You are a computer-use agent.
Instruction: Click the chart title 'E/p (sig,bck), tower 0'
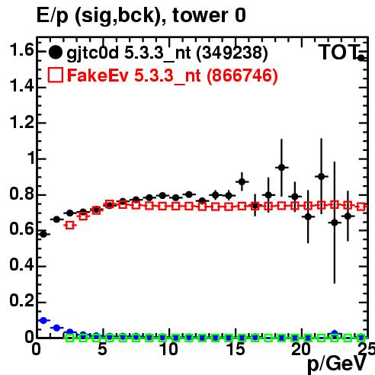click(x=141, y=16)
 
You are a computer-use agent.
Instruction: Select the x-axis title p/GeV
click(x=337, y=364)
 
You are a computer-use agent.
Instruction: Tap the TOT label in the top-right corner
click(x=339, y=53)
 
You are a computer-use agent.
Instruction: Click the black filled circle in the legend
click(x=55, y=53)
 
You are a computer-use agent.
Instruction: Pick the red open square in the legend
click(x=55, y=75)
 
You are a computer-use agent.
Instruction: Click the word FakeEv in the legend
click(x=98, y=75)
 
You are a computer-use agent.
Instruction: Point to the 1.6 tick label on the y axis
click(x=21, y=50)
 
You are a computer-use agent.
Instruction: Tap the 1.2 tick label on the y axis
click(x=21, y=122)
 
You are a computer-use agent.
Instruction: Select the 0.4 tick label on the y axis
click(x=21, y=265)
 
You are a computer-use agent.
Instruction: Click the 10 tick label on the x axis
click(x=169, y=349)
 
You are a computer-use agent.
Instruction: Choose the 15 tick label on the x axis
click(x=236, y=349)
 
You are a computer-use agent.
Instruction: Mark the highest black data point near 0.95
click(x=281, y=168)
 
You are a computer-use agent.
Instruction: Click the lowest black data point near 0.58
click(x=43, y=234)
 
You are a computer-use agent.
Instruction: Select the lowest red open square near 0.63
click(x=70, y=226)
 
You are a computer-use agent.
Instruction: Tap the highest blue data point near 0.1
click(x=43, y=320)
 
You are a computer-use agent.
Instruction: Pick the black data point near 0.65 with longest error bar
click(x=335, y=223)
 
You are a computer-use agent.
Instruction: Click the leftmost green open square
click(x=70, y=338)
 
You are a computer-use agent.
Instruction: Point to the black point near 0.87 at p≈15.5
click(x=242, y=182)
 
